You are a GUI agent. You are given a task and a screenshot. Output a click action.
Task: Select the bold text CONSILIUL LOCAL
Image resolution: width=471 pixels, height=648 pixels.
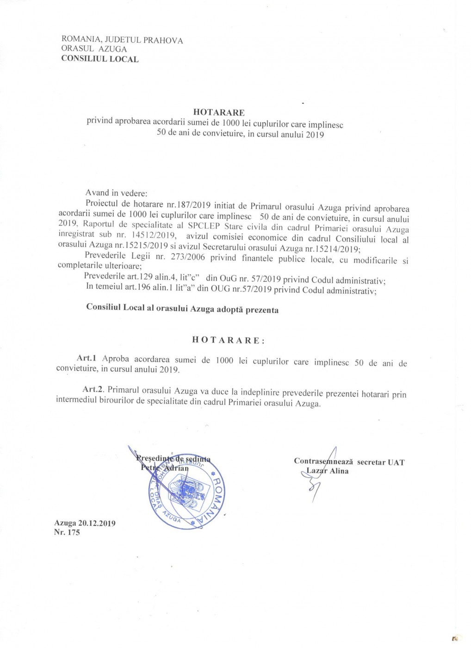click(99, 59)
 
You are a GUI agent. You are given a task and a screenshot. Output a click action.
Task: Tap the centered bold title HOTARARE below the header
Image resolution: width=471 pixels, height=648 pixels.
click(218, 112)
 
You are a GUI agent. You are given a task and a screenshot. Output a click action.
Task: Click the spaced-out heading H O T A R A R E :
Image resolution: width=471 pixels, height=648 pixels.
click(229, 340)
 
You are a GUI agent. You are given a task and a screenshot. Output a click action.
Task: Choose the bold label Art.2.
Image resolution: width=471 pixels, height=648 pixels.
click(92, 391)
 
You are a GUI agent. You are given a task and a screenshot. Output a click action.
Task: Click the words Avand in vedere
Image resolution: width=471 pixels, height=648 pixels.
click(116, 193)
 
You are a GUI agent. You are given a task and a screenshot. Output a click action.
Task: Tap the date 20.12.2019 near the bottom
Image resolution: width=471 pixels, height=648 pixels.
click(97, 523)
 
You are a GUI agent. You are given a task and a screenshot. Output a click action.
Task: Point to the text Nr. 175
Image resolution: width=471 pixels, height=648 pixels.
click(67, 532)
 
